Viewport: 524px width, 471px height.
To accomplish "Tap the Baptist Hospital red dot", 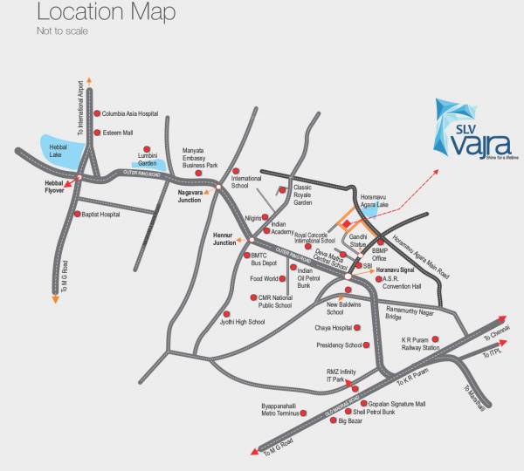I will (x=79, y=214).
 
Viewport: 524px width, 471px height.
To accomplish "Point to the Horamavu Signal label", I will (x=399, y=270).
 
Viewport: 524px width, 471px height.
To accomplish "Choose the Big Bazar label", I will (x=353, y=421).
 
